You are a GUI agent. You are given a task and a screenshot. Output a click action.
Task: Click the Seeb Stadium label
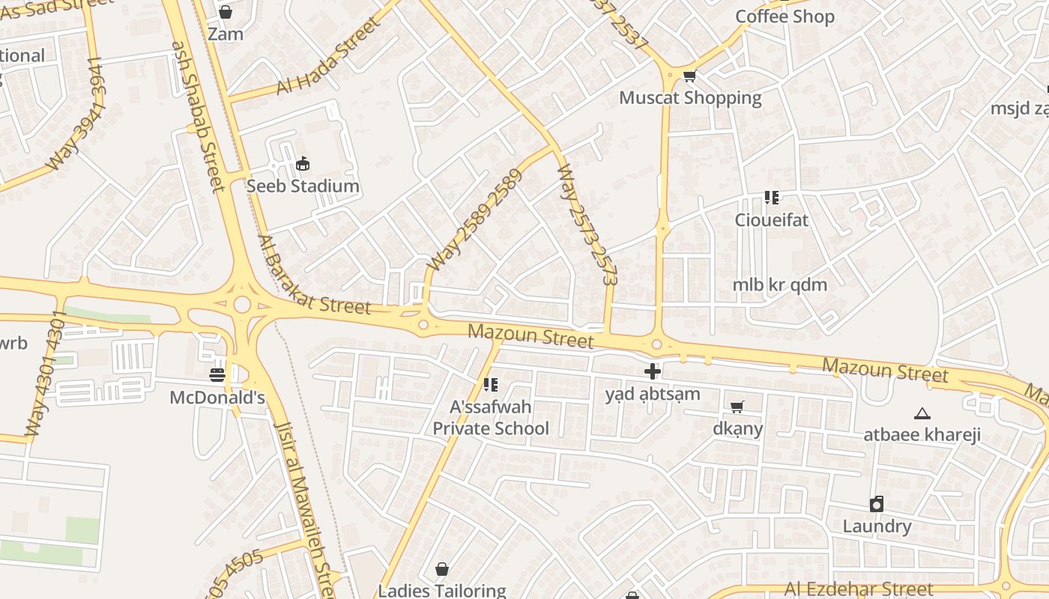click(x=303, y=186)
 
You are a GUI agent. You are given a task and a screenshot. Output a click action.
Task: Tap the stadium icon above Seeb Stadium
click(x=303, y=163)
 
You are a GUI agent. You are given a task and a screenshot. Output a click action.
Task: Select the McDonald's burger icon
click(x=217, y=374)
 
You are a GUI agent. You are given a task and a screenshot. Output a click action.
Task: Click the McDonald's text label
click(x=217, y=397)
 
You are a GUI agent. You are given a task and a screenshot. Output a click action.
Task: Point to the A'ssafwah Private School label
click(x=491, y=418)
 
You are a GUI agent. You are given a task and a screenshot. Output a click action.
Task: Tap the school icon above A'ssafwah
click(x=491, y=385)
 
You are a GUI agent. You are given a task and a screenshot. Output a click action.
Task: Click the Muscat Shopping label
click(x=690, y=98)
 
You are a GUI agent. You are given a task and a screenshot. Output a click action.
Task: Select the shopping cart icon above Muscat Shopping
click(x=690, y=76)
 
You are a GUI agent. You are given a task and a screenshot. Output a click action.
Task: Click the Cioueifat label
click(x=771, y=220)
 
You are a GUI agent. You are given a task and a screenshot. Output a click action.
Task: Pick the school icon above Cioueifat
click(x=772, y=198)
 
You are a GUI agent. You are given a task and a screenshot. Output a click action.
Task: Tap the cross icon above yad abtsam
click(x=653, y=371)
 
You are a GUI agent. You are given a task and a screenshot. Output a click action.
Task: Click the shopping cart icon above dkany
click(x=737, y=407)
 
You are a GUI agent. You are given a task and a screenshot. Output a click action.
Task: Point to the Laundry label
click(x=877, y=526)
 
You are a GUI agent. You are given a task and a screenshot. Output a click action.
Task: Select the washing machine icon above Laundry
click(x=877, y=504)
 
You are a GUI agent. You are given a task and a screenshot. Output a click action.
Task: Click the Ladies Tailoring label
click(x=442, y=590)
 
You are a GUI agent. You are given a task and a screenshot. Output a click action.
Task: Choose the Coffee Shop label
click(x=785, y=16)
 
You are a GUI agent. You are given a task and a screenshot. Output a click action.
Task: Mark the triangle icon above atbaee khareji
click(x=922, y=413)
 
